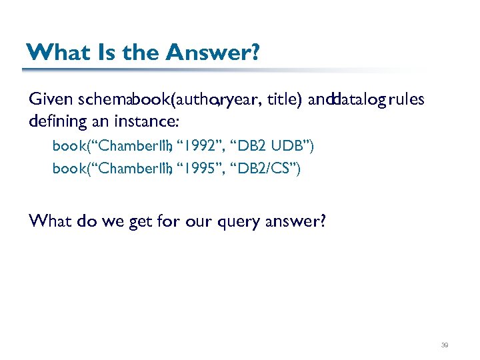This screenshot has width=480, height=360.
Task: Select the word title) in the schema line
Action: (x=285, y=99)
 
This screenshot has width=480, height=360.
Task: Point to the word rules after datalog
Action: (x=405, y=99)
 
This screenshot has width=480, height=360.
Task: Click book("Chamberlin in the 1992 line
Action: (x=110, y=146)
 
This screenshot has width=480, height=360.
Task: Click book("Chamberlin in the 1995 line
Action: (x=110, y=169)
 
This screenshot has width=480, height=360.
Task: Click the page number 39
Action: (x=445, y=345)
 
